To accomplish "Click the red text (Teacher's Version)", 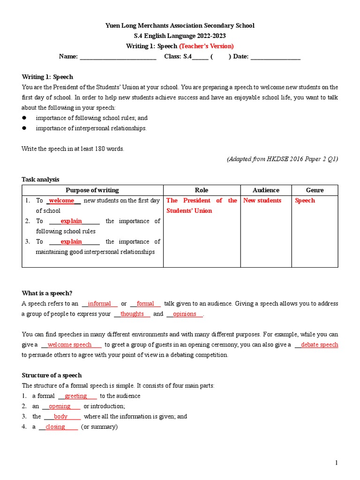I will point(206,46).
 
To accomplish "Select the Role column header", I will point(202,190).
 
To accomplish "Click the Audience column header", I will point(266,190).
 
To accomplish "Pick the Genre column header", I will point(315,190).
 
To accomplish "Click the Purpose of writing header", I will point(92,190).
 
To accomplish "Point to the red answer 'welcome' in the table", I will point(62,201).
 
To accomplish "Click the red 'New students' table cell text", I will point(262,201).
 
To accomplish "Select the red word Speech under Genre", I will point(305,201).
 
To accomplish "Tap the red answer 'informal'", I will point(99,304).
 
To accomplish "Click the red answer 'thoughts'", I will point(132,314).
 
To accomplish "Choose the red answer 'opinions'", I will point(185,314).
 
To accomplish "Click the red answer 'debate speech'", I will point(319,345).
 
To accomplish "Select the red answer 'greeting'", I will point(76,396).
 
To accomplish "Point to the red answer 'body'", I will point(60,417).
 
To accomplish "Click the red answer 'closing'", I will point(55,427).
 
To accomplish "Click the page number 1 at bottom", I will point(336,464).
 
